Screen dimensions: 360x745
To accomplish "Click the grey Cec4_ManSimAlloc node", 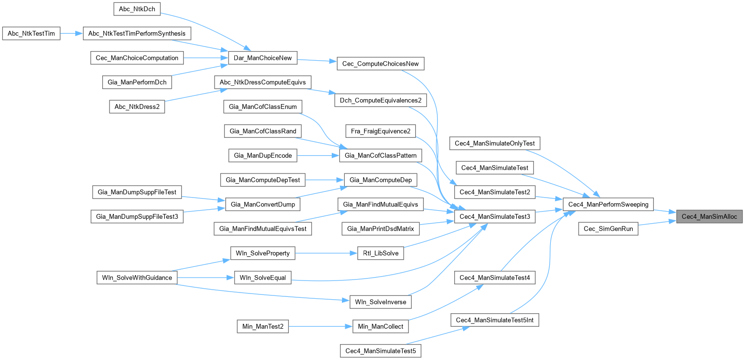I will (x=709, y=217).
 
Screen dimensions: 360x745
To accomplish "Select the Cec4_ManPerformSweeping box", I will (x=608, y=204).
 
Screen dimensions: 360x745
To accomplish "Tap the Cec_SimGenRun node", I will (x=608, y=229).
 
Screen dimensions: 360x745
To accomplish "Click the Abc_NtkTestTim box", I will (x=31, y=34).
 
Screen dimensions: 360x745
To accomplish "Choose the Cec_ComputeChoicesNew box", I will (x=380, y=64).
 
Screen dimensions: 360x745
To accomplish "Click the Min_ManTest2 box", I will (x=263, y=327).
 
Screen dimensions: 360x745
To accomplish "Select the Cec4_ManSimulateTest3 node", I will (x=495, y=217).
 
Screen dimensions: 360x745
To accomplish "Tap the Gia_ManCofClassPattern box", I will (x=381, y=156).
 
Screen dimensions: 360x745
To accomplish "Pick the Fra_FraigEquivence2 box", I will (x=380, y=131).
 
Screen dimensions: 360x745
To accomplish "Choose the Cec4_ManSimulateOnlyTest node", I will (x=495, y=143).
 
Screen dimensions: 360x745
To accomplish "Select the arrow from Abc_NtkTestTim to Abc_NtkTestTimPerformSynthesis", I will (x=72, y=34).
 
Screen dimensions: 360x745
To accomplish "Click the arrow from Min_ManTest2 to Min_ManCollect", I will (x=320, y=327).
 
